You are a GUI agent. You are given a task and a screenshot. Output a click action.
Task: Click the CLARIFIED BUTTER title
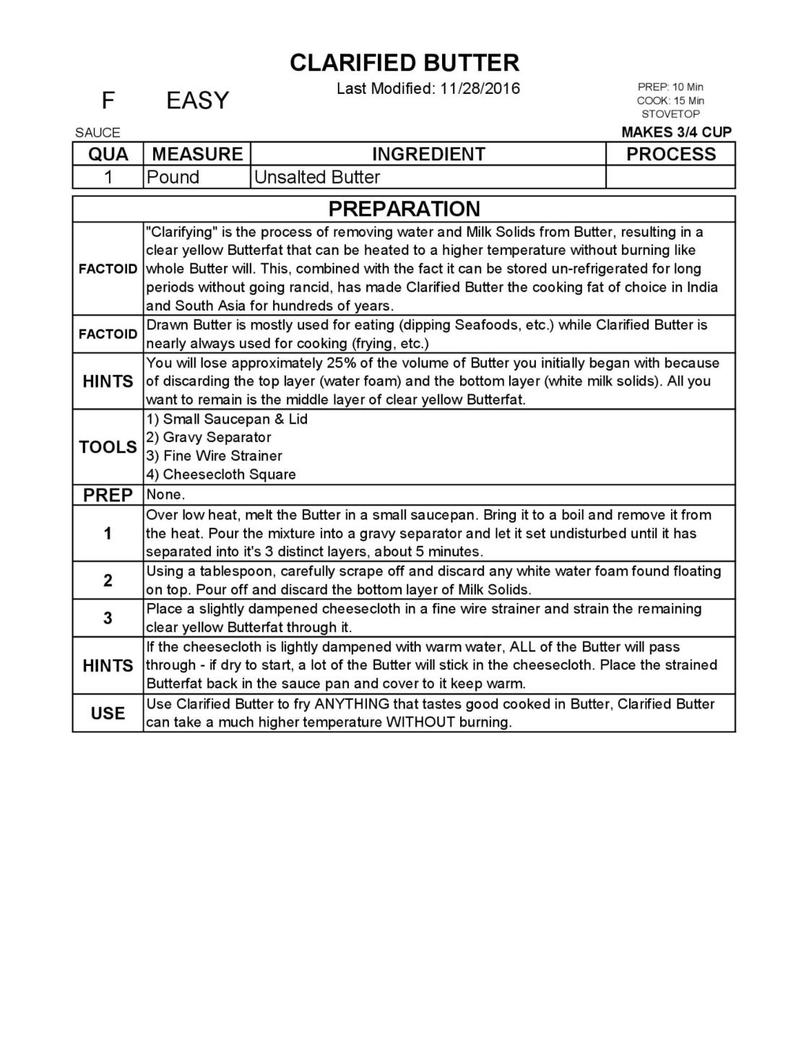tap(404, 63)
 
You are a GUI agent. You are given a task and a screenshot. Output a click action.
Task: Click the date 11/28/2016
tap(480, 88)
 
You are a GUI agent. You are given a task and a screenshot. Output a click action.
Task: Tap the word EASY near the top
tap(197, 100)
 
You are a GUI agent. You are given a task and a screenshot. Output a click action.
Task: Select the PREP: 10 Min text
tap(670, 87)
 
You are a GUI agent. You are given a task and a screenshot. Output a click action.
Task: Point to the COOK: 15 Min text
tap(670, 100)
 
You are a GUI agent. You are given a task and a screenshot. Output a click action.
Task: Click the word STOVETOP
tap(670, 114)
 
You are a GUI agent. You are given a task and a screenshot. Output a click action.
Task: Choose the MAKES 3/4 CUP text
tap(676, 132)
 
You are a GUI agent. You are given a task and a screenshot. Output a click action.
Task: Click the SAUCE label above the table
tap(98, 132)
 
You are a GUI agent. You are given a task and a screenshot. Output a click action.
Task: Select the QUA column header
tap(108, 154)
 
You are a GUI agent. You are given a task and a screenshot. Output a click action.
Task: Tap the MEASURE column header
tap(197, 154)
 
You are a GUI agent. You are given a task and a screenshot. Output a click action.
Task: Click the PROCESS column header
tap(670, 154)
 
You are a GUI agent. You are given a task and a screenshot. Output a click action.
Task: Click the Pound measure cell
tap(173, 177)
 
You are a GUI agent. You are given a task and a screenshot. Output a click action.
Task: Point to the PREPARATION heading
tap(404, 209)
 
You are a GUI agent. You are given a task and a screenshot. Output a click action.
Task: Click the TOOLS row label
tap(108, 447)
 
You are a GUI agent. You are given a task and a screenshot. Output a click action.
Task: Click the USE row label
tap(108, 713)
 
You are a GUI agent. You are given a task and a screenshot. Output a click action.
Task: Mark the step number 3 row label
tap(108, 618)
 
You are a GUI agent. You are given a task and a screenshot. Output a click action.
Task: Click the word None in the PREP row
tap(165, 495)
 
